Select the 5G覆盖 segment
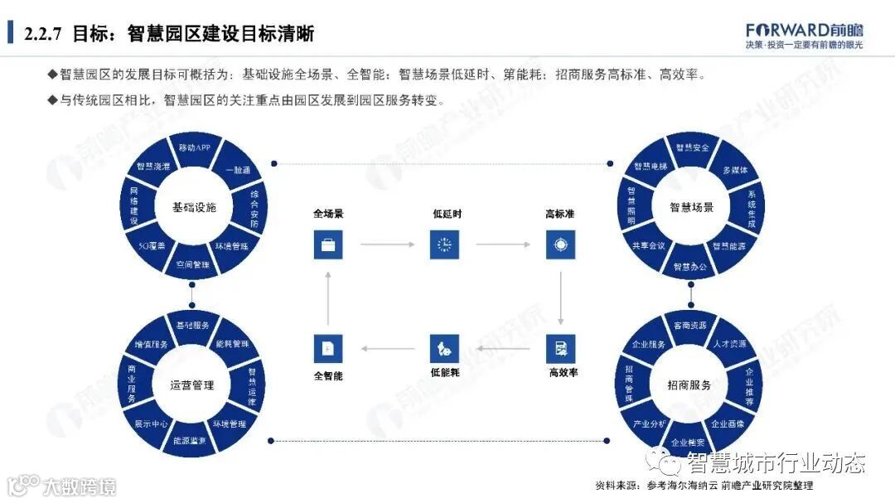coord(152,246)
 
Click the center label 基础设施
coord(194,207)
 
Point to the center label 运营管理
coord(192,385)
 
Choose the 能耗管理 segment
coord(233,343)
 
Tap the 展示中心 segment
coord(152,423)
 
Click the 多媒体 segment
coord(736,170)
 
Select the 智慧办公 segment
coord(689,267)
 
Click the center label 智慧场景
coord(691,207)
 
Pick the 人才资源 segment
coord(730,343)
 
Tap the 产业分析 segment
coord(650,423)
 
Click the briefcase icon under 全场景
coord(328,244)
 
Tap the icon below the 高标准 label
coord(561,244)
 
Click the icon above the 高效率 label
coord(561,348)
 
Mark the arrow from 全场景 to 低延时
coord(386,245)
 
